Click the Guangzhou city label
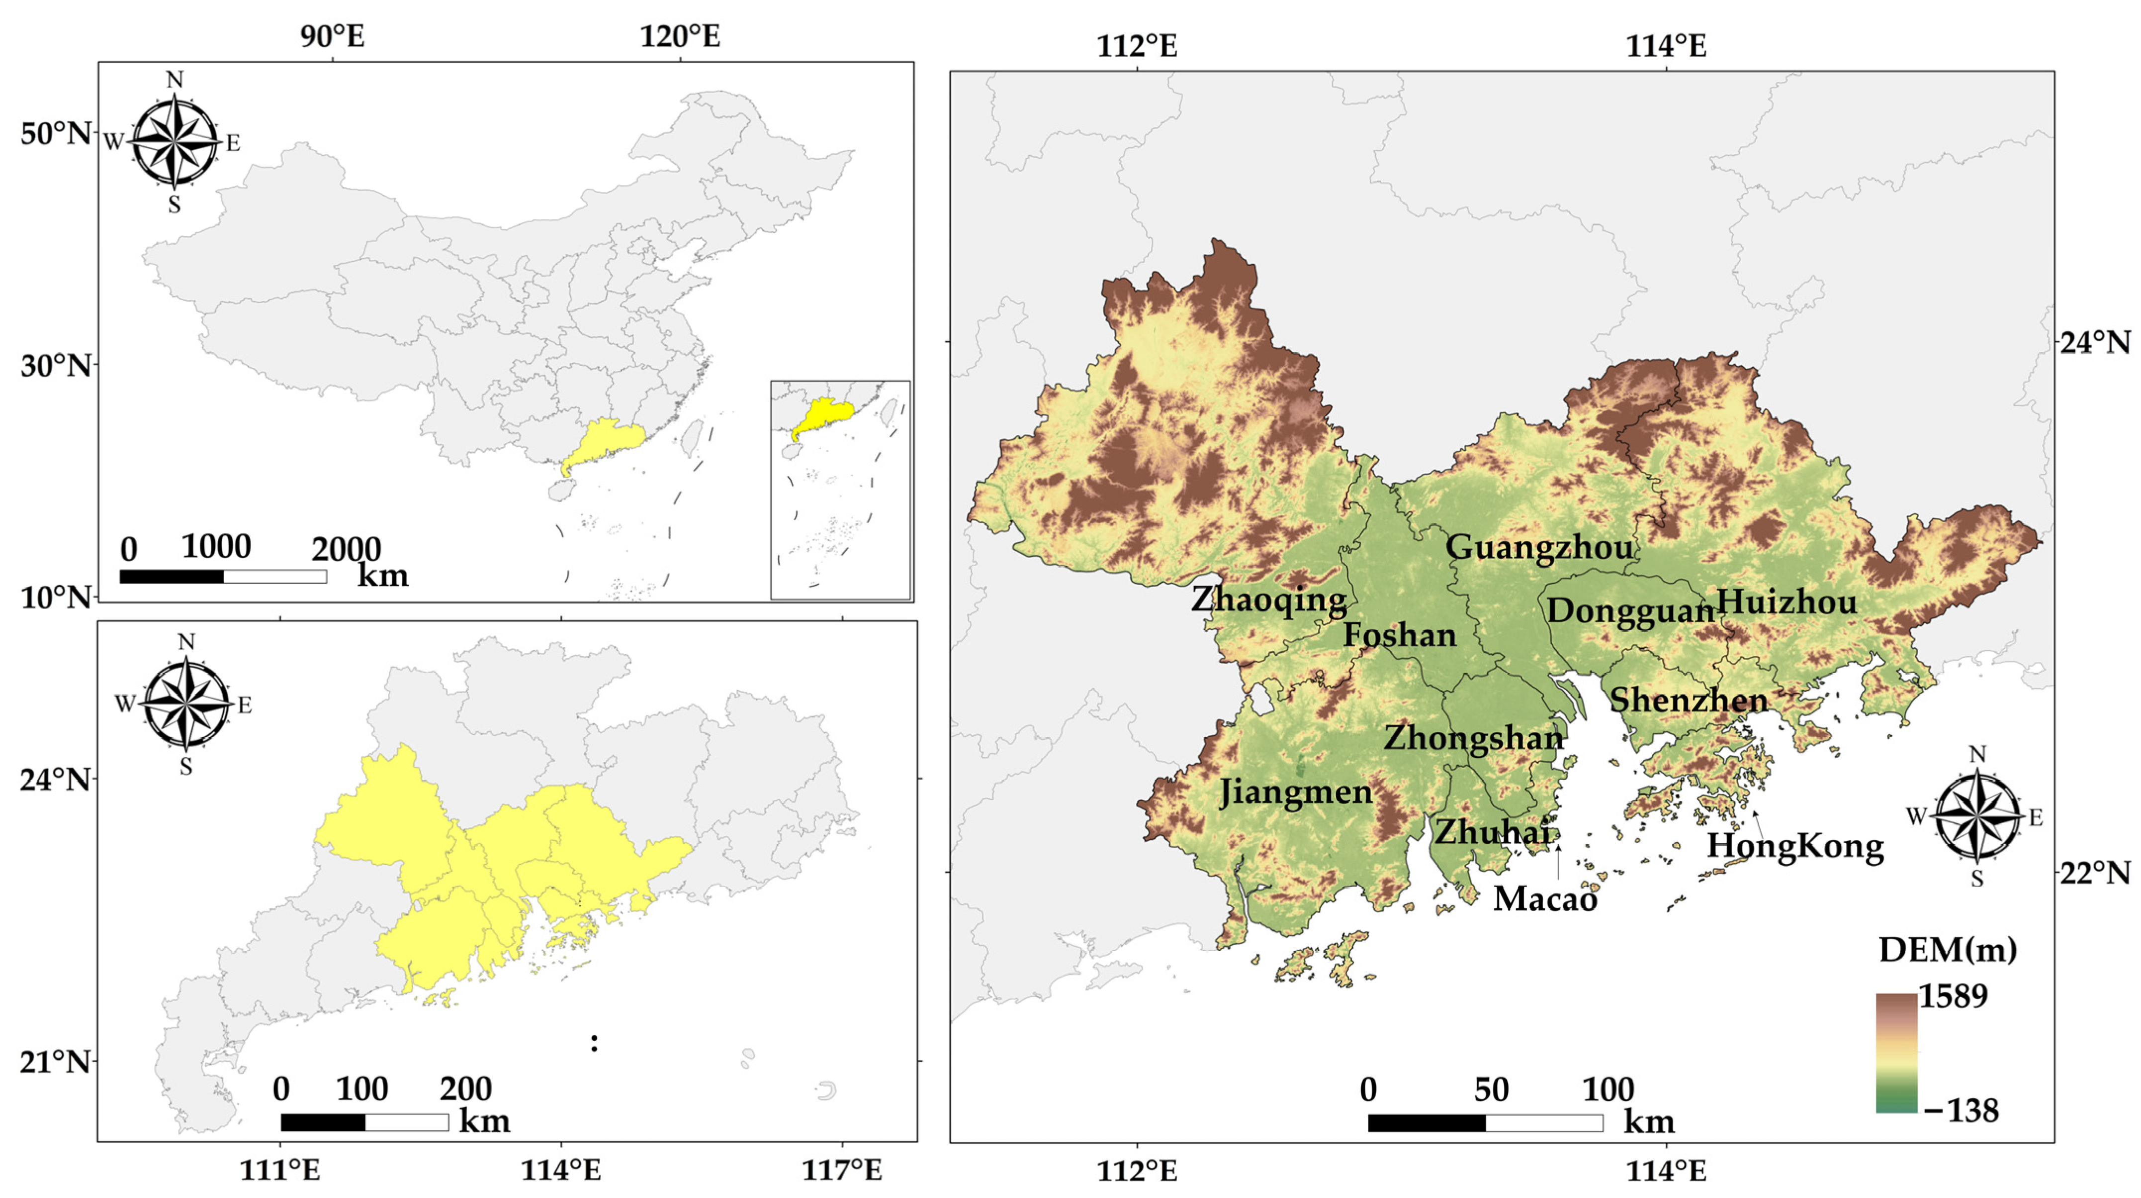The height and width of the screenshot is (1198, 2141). [1539, 548]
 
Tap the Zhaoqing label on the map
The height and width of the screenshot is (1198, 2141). [1268, 599]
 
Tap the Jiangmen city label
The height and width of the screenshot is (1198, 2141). [1295, 793]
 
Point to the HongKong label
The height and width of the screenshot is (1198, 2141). [1795, 846]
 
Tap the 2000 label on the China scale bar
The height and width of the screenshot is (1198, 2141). [346, 549]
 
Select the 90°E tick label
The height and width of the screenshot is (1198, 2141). [333, 37]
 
